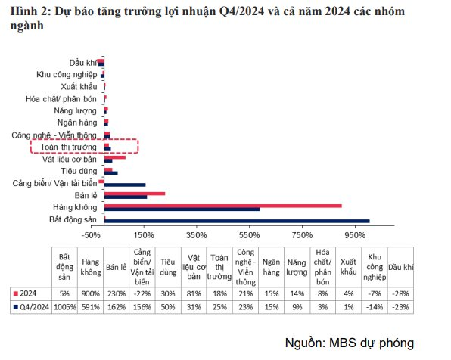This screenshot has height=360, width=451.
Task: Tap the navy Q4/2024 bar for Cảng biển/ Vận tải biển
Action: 124,185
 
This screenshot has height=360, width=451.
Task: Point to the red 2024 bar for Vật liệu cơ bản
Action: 114,157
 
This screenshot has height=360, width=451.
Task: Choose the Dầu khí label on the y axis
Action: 82,62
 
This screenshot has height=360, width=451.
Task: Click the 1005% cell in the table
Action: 64,307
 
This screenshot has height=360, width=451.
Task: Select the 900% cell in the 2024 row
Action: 90,293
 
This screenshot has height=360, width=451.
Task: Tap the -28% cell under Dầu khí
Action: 401,293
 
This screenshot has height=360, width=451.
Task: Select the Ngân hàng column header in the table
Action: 272,266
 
